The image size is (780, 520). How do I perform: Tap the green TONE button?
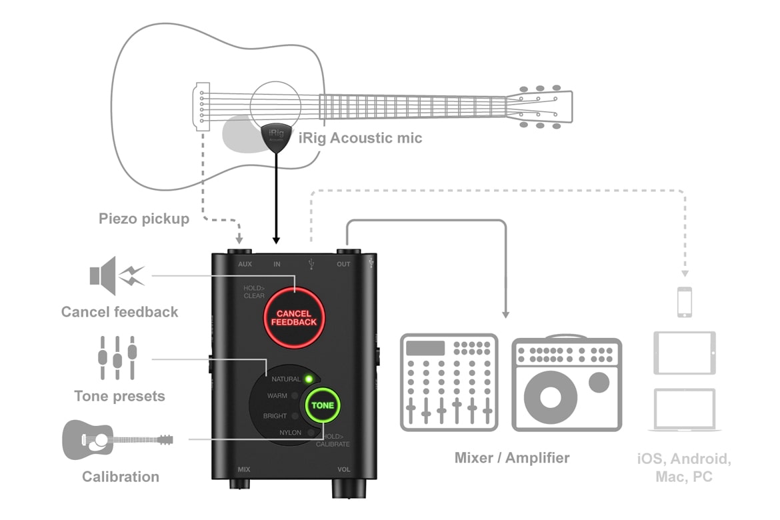click(x=323, y=405)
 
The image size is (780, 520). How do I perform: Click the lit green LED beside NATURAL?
click(x=309, y=379)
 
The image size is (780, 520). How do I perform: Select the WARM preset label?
click(x=277, y=395)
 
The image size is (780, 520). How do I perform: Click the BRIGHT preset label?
click(x=275, y=416)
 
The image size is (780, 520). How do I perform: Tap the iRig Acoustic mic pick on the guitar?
click(x=275, y=137)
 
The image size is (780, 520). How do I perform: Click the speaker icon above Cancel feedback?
click(x=117, y=275)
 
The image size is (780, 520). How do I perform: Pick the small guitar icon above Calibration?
click(x=117, y=439)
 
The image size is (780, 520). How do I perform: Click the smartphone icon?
click(x=685, y=302)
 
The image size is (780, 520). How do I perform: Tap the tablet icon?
click(x=685, y=353)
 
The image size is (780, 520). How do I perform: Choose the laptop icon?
click(x=685, y=409)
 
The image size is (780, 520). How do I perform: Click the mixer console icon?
click(x=449, y=382)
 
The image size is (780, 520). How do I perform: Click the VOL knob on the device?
click(x=345, y=489)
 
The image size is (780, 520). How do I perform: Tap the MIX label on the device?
click(x=244, y=469)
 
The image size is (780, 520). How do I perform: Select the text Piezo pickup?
click(x=144, y=219)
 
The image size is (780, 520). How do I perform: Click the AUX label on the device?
click(x=245, y=265)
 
